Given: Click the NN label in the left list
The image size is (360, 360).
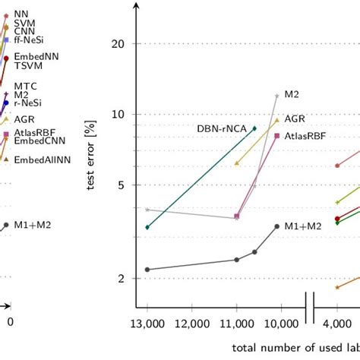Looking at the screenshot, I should coord(21,13).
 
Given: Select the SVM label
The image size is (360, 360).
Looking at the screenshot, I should coord(24,24).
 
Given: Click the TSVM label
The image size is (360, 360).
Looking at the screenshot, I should coord(27,66).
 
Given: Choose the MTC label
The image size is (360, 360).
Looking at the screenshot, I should coord(24,86).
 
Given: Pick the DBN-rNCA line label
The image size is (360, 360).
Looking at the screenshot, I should coord(223,128).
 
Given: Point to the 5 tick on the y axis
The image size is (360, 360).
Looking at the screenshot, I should coord(118,185).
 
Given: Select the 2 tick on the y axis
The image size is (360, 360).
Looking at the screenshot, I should coord(118,279).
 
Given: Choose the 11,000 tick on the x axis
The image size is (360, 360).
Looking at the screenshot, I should coord(236,323).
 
